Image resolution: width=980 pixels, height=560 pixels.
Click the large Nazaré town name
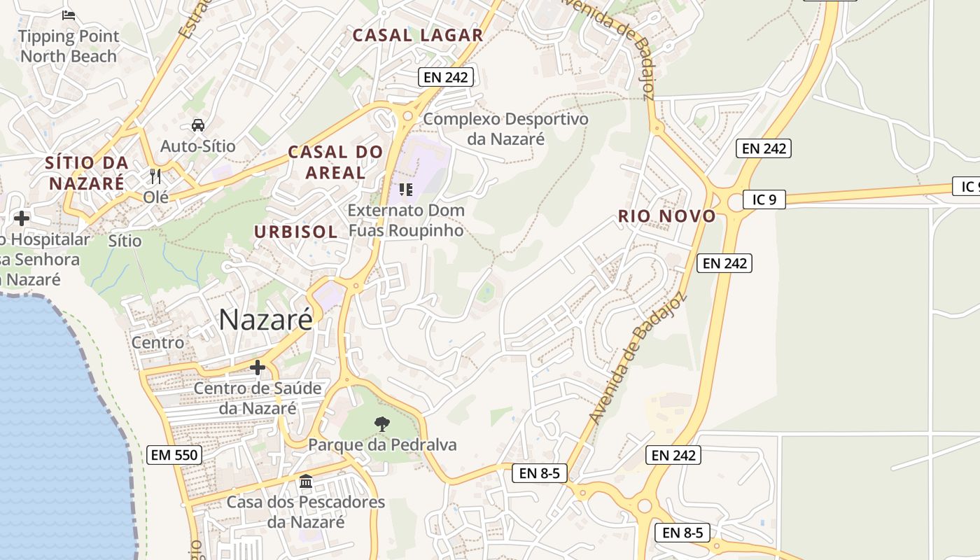[x=265, y=320]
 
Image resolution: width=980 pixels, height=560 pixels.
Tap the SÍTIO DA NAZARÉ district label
[x=86, y=173]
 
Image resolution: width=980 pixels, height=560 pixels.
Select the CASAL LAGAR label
[x=417, y=35]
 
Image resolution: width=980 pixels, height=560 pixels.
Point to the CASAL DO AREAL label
[x=335, y=162]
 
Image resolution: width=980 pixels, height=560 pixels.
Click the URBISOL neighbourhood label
[x=295, y=232]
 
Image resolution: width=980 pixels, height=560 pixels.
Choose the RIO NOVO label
[x=666, y=216]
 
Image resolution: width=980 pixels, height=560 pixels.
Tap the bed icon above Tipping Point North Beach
[x=69, y=15]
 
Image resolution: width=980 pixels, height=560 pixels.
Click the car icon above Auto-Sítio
[x=198, y=125]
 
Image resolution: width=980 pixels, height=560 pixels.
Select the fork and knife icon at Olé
[x=155, y=176]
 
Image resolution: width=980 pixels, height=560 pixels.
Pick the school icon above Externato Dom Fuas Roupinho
[x=405, y=189]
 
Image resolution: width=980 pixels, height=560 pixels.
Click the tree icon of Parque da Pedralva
[x=382, y=423]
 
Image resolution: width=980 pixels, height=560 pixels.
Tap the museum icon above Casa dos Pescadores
[x=306, y=482]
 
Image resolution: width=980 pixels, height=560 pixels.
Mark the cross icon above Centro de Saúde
[x=258, y=367]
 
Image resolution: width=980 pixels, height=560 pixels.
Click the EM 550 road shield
[x=175, y=455]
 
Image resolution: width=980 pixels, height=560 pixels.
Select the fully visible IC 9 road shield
[x=764, y=199]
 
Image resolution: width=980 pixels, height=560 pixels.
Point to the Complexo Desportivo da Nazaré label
[x=505, y=129]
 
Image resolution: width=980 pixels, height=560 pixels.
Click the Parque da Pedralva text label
[x=382, y=444]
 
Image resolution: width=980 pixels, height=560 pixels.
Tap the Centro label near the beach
[x=158, y=342]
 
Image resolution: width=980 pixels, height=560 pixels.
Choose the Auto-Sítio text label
[x=198, y=146]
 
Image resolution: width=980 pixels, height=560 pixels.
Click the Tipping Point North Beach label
[x=69, y=46]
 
